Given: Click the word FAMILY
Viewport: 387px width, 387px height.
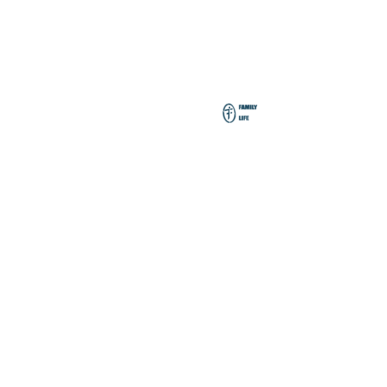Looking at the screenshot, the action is pos(248,107).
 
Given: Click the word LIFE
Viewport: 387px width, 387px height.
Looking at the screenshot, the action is pos(244,118).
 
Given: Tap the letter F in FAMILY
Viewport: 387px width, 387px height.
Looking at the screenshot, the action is pos(240,107).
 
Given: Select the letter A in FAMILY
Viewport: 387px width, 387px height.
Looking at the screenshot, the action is pos(243,107).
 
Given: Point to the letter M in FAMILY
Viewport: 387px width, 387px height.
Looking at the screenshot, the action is pos(247,107).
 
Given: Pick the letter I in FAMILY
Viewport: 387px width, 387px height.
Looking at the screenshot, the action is pos(251,107).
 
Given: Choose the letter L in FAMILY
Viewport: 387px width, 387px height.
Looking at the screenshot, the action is pos(253,107).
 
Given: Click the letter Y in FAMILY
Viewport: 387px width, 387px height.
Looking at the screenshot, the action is pos(255,107).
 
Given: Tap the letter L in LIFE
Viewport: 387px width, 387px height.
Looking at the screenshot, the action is pos(240,118).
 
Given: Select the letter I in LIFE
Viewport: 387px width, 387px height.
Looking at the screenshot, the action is pos(242,118).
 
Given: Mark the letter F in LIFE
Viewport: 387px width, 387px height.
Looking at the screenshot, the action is pos(244,118).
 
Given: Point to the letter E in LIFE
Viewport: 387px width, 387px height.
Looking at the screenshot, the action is pos(247,118).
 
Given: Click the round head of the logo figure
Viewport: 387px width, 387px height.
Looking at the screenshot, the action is pos(229,107).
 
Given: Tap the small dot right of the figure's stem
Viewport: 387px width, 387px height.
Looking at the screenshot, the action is pos(231,113).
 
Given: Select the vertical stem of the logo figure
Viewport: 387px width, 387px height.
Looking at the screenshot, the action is pos(229,115).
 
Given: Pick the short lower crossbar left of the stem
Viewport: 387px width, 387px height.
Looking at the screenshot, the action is pos(227,113).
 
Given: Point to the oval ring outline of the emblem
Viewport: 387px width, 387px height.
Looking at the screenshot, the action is pos(223,113).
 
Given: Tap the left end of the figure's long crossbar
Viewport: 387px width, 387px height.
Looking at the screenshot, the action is pos(225,111).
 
